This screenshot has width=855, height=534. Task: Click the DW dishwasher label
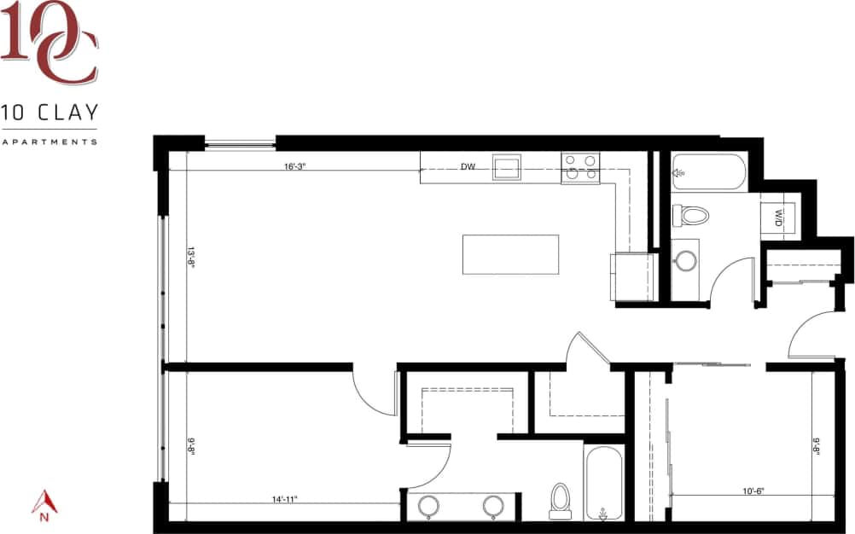click(x=468, y=167)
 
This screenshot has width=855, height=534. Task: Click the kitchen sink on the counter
click(x=507, y=166)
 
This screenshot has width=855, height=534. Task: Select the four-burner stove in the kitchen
click(x=580, y=167)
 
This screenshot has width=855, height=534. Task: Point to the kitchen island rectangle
click(x=510, y=254)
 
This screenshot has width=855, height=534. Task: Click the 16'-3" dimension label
click(x=294, y=167)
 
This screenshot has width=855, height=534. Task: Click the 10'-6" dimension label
click(x=752, y=490)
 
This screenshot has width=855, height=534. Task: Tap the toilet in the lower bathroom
click(x=561, y=497)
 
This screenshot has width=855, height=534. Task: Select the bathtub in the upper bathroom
click(x=708, y=172)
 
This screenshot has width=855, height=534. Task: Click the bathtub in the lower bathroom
click(x=603, y=482)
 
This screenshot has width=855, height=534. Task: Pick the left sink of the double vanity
click(x=428, y=506)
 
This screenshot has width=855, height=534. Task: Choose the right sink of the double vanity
click(x=493, y=506)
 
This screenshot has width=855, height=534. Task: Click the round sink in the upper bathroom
click(x=685, y=261)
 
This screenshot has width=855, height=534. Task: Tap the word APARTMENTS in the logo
click(x=49, y=142)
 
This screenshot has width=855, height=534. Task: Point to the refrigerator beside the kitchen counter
click(x=632, y=276)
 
